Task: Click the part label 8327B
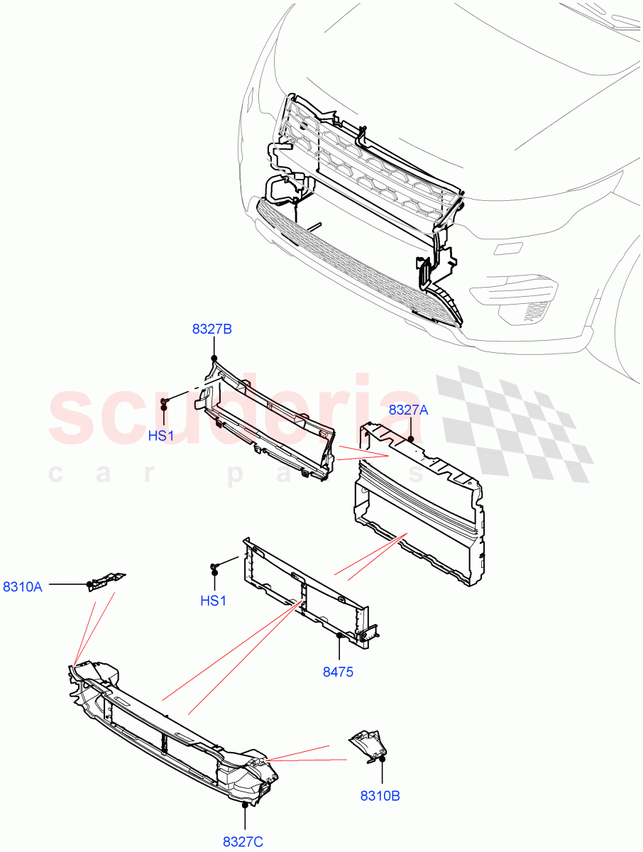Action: (x=212, y=329)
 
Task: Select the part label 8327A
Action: (x=409, y=410)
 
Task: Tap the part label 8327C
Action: (x=243, y=842)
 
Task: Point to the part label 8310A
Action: (x=23, y=586)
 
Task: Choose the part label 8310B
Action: (x=380, y=796)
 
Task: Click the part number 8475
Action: (x=338, y=672)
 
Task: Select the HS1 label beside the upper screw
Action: (x=161, y=436)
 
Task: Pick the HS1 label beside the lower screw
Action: (x=213, y=601)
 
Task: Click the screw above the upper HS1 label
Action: (x=164, y=404)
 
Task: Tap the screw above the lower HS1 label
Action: (x=213, y=567)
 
